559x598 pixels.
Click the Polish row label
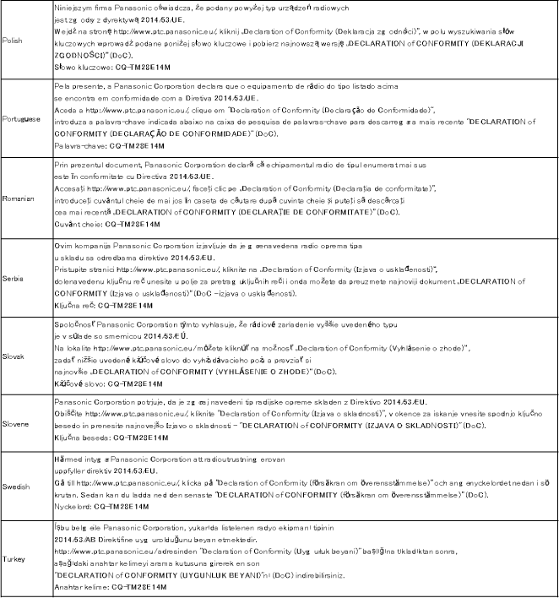pyautogui.click(x=14, y=40)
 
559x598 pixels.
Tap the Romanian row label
pyautogui.click(x=19, y=198)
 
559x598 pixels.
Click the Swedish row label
pyautogui.click(x=17, y=487)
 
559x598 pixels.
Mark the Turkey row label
pyautogui.click(x=14, y=559)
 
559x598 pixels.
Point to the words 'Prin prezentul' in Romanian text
pyautogui.click(x=78, y=166)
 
